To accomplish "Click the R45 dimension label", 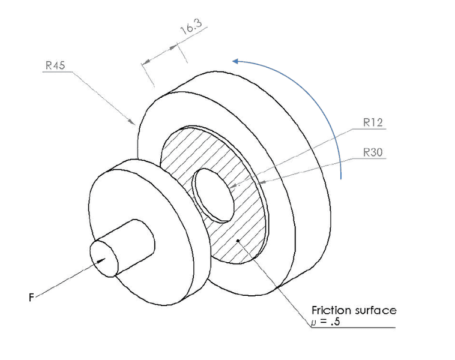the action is tap(55, 65).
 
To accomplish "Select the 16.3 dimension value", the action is tap(191, 27).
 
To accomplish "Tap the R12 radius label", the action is tap(373, 122).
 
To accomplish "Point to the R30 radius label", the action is tap(373, 152).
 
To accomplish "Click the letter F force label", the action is tap(31, 298).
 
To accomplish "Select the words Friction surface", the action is tap(354, 310).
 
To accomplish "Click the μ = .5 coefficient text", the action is tap(325, 322).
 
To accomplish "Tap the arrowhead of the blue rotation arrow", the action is tap(236, 61).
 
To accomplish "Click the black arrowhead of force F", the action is tap(101, 260).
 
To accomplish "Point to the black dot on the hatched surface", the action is tap(238, 241).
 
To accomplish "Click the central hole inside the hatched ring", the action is tap(214, 195).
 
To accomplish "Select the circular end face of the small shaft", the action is tap(104, 258).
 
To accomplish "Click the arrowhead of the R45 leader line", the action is tap(132, 121).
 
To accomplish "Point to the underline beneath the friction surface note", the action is tap(354, 328).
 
